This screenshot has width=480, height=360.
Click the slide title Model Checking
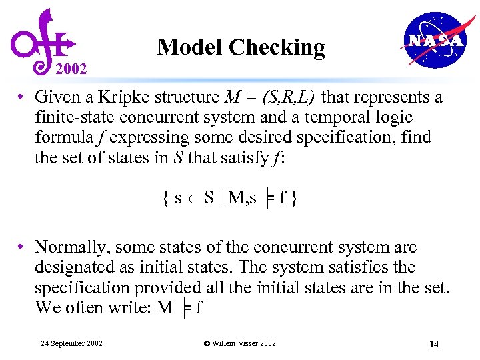pos(241,47)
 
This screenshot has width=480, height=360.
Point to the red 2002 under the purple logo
pos(71,68)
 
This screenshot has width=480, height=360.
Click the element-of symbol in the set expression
pos(193,198)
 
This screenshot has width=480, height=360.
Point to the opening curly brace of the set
pos(164,198)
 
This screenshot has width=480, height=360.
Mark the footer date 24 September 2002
pos(71,343)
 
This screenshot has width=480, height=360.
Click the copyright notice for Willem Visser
pos(239,343)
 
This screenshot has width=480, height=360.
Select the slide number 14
pos(433,344)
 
